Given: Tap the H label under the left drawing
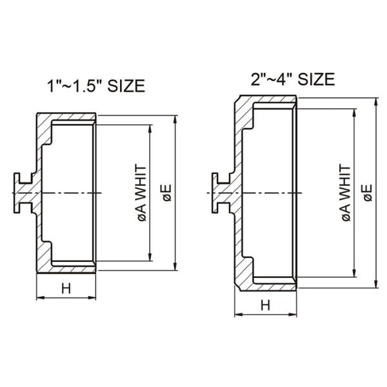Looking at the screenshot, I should click(x=66, y=288).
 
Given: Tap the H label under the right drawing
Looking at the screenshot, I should click(x=265, y=305).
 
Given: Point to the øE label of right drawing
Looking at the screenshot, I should click(x=367, y=193).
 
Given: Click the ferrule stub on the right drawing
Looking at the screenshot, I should click(x=220, y=193).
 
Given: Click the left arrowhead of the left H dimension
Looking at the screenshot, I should click(x=40, y=298).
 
